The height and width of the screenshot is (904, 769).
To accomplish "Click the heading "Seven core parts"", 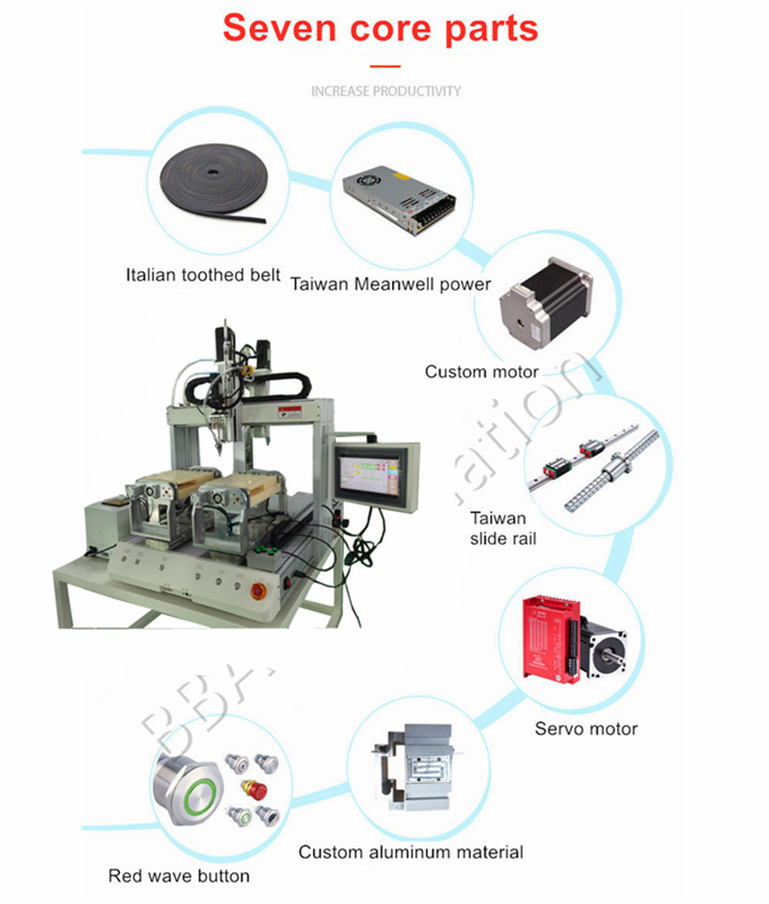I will [381, 28].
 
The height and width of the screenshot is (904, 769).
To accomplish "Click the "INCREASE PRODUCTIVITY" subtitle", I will [385, 91].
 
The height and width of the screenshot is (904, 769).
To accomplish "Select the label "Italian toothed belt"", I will [203, 275].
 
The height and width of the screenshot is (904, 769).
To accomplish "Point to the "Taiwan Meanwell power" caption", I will [390, 284].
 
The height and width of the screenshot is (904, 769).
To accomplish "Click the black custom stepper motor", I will [542, 299].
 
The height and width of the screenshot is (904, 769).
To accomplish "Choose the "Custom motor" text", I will [482, 372].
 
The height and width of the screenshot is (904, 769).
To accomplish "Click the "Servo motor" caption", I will [585, 729].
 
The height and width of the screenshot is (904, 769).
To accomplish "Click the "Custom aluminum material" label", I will [410, 852].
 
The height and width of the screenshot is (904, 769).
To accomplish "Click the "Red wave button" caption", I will [179, 876].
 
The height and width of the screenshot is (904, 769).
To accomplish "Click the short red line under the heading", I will [384, 66].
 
